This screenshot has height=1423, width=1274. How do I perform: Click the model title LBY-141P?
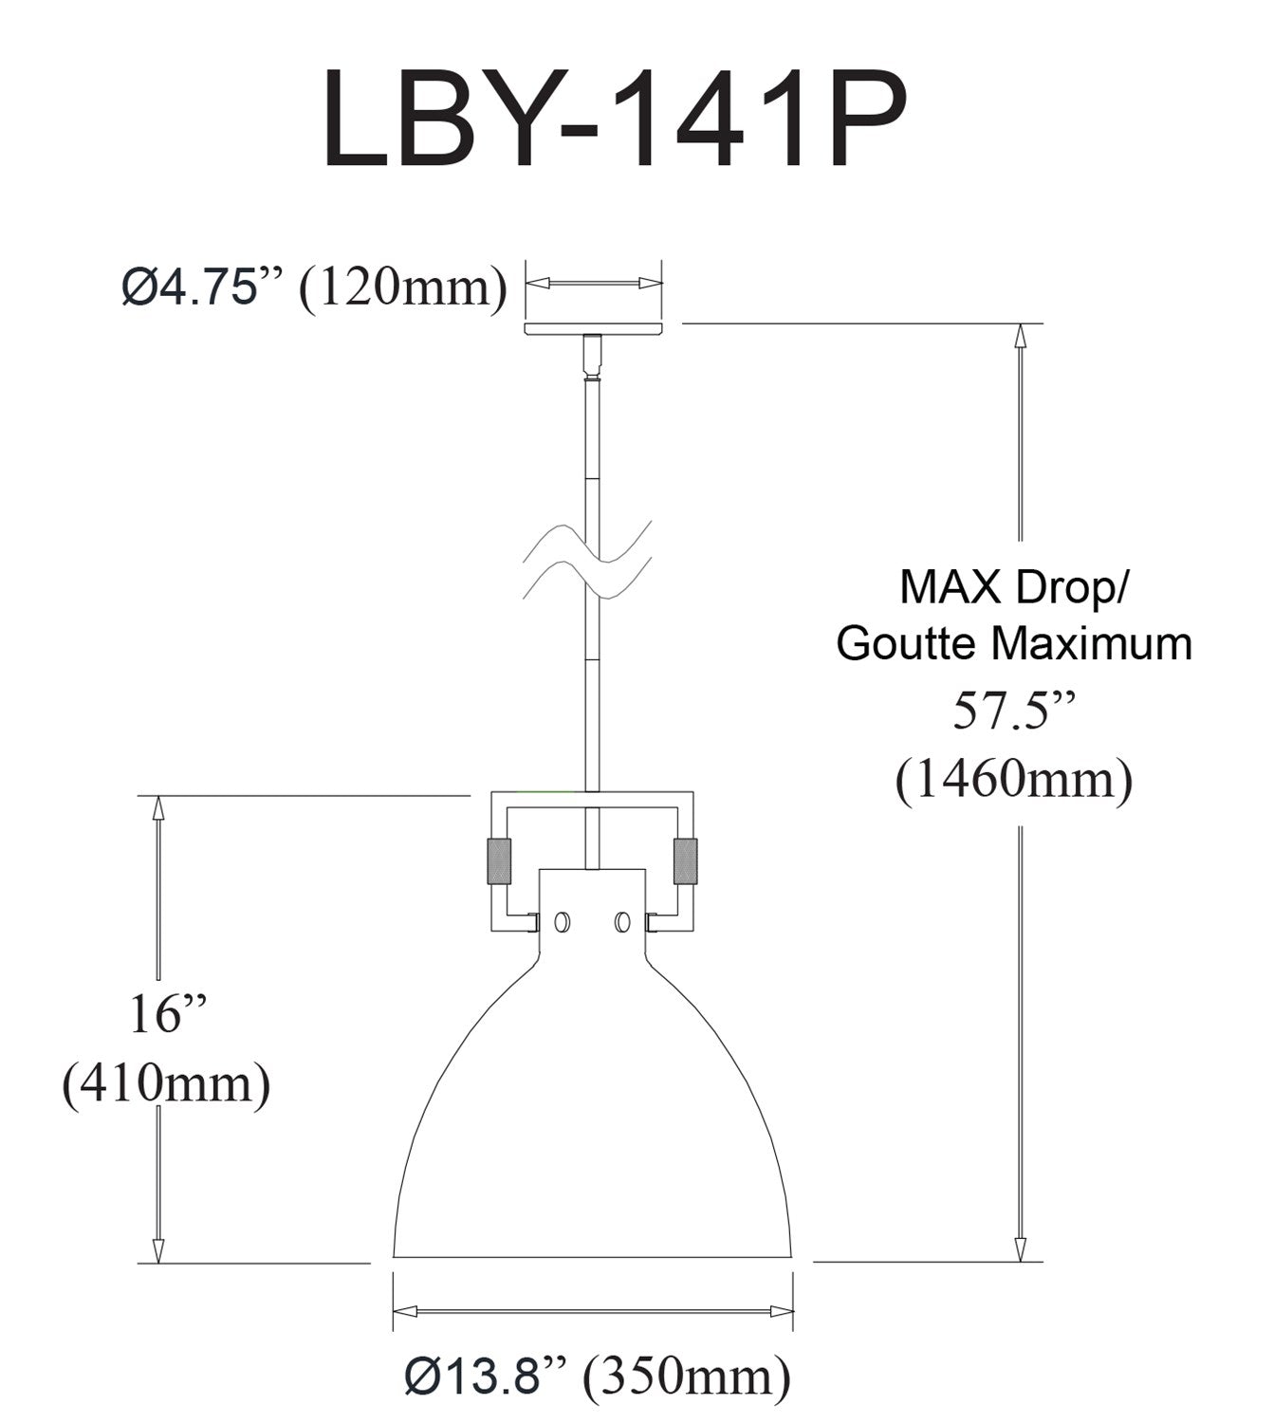(615, 118)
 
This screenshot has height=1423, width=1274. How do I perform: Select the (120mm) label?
(402, 286)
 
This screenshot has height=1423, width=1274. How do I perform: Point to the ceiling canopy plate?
(594, 328)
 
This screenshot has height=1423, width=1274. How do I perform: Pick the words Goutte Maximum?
(1013, 642)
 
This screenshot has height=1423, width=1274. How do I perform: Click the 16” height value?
(169, 1014)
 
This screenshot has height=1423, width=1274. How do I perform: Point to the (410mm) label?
(166, 1083)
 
